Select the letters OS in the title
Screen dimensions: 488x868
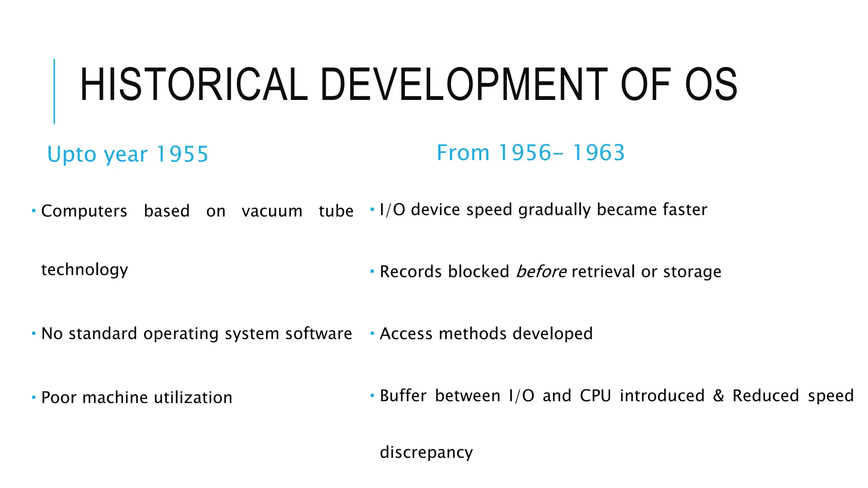pyautogui.click(x=711, y=85)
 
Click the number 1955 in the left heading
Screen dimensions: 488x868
pyautogui.click(x=182, y=154)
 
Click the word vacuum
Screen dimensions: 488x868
pyautogui.click(x=272, y=211)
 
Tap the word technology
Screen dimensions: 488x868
pyautogui.click(x=84, y=270)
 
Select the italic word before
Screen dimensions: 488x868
pyautogui.click(x=541, y=272)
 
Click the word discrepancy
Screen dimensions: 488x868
pyautogui.click(x=426, y=452)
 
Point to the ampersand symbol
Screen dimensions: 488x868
pyautogui.click(x=718, y=396)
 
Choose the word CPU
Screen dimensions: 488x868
pyautogui.click(x=595, y=396)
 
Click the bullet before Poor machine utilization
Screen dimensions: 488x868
pyautogui.click(x=33, y=397)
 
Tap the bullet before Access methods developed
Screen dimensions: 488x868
pyautogui.click(x=372, y=334)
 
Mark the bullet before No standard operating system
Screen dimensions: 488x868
pyautogui.click(x=33, y=334)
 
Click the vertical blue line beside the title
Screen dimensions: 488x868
pyautogui.click(x=54, y=91)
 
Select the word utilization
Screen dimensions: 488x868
pyautogui.click(x=193, y=398)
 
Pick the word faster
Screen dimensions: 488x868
pyautogui.click(x=685, y=210)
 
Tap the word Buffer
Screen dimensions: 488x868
pyautogui.click(x=403, y=396)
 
